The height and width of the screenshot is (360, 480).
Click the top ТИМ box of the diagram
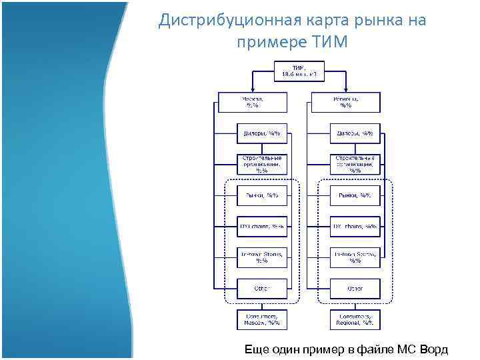299,70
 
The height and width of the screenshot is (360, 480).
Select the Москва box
252,102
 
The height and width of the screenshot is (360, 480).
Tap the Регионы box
345,102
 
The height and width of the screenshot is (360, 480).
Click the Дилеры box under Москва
262,133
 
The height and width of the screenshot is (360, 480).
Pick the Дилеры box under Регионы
355,133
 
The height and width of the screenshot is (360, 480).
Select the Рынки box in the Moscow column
262,195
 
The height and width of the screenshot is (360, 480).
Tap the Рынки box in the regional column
355,195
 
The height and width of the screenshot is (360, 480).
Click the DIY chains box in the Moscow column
262,227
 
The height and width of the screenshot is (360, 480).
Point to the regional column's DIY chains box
355,227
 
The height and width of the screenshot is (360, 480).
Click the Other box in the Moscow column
262,289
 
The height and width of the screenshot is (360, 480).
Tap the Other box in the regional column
355,289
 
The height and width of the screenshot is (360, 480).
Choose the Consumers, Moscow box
262,320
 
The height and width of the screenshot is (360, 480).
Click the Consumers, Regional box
355,320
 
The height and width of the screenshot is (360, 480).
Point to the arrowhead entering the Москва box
252,89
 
